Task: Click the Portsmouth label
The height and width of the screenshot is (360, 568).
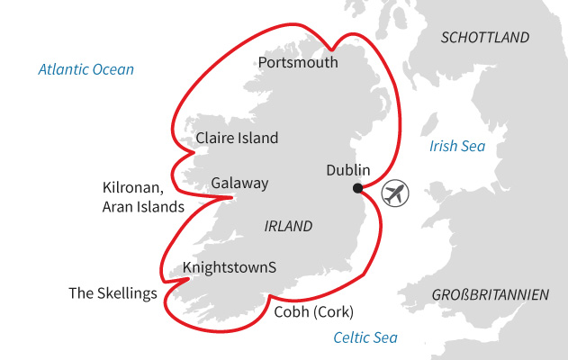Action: tap(298, 63)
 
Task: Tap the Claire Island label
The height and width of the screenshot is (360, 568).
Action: tap(237, 139)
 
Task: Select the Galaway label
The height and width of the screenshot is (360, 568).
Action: tap(239, 184)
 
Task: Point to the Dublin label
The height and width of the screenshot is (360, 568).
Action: tap(347, 169)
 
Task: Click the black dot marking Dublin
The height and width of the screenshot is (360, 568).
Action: tap(357, 188)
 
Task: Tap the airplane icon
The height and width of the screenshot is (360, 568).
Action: tap(394, 193)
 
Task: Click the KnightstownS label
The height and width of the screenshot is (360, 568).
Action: tap(229, 267)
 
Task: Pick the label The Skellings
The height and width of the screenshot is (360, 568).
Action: tap(113, 293)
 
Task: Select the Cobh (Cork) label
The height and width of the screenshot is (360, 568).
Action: tap(313, 312)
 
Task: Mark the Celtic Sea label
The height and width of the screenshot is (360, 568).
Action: tap(365, 338)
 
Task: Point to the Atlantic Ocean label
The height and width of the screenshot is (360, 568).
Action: tap(86, 69)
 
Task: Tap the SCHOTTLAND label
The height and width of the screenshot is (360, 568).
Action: tap(485, 38)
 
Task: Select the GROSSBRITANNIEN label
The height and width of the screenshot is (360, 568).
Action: tap(490, 295)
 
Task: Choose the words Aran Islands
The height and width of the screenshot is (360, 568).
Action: tap(144, 207)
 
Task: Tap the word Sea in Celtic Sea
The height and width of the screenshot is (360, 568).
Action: tap(385, 338)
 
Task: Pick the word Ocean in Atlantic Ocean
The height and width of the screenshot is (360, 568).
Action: tap(113, 69)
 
